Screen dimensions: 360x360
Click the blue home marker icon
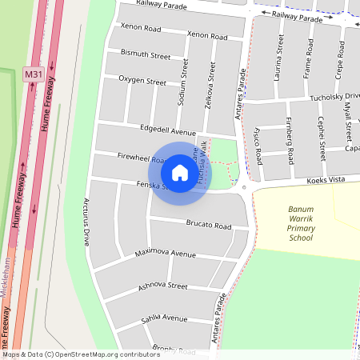(x=179, y=172)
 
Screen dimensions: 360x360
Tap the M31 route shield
(x=33, y=74)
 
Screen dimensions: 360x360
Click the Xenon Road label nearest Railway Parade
(x=140, y=26)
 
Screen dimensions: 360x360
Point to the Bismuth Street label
(x=145, y=57)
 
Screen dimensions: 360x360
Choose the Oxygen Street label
(x=142, y=81)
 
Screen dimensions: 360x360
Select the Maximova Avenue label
(x=165, y=254)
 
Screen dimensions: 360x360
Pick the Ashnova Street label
(x=162, y=286)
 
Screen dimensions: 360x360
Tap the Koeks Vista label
(x=327, y=181)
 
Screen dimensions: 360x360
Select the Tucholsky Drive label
(x=335, y=97)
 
